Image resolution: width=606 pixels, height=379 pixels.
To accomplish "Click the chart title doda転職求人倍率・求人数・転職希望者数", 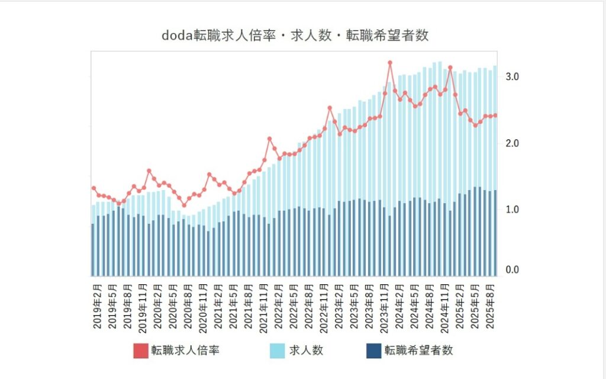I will pos(295,36).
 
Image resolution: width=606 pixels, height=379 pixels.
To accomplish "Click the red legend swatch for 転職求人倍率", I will pos(140,351).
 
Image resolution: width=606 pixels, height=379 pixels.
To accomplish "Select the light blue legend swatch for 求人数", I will pos(278,351).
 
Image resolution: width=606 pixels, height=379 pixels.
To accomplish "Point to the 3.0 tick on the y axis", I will pos(512,77).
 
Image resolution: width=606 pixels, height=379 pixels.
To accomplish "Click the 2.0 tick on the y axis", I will pos(512,143).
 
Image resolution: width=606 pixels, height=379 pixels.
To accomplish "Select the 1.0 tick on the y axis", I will pos(512,210).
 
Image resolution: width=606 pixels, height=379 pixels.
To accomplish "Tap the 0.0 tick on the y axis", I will pos(512,271).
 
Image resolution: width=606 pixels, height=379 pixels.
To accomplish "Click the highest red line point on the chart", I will pos(390,63).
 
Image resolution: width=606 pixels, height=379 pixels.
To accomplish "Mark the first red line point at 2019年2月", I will pos(94,188).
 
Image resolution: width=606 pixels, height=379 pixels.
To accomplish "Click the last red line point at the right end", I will pos(495,115).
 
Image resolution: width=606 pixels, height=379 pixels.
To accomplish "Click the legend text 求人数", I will pos(306,351).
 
